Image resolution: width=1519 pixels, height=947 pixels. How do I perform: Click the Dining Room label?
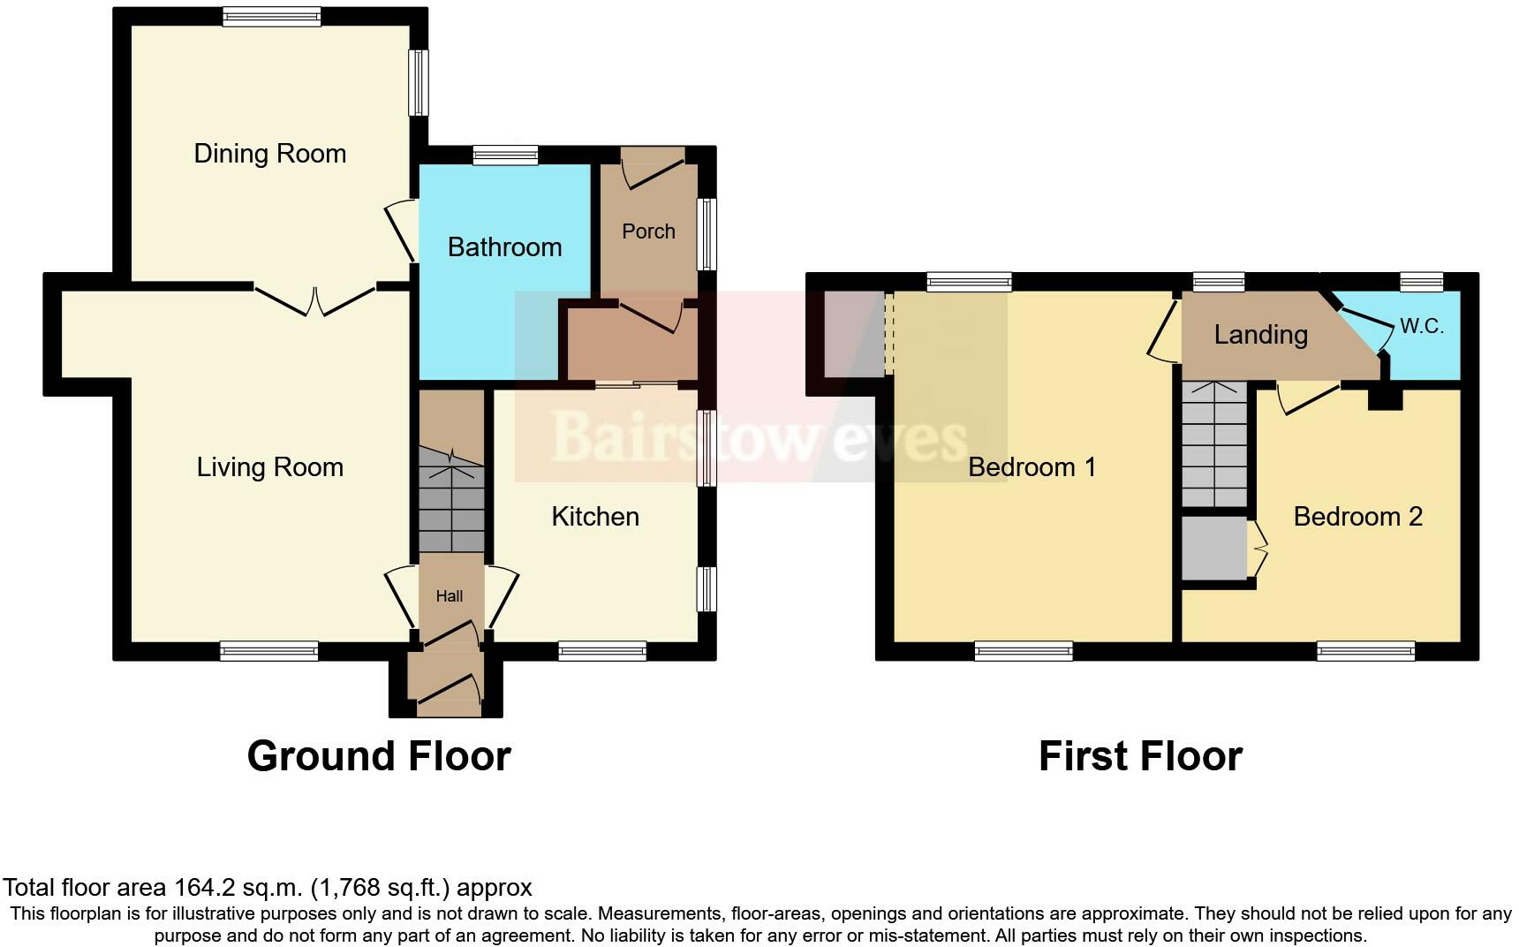[x=269, y=154]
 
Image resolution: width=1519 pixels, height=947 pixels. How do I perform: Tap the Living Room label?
[x=269, y=467]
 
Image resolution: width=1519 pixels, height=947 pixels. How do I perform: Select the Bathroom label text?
[x=504, y=247]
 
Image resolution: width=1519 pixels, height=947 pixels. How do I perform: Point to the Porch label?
[x=648, y=231]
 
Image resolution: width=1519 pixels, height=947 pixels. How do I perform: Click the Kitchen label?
[x=594, y=517]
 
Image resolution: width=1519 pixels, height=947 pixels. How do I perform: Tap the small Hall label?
[x=449, y=596]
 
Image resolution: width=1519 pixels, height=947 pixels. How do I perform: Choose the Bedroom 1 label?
[x=1032, y=467]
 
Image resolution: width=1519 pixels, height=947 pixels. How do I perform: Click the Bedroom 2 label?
[x=1357, y=517]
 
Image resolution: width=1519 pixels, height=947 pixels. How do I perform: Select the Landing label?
[x=1260, y=335]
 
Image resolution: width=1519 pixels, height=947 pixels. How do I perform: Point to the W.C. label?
[x=1421, y=327]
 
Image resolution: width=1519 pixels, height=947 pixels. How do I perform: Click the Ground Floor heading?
[x=379, y=756]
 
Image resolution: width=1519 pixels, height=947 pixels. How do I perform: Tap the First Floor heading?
[x=1140, y=756]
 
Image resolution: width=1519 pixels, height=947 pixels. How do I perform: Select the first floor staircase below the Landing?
[x=1214, y=444]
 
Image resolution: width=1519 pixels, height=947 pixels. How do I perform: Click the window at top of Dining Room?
[x=271, y=16]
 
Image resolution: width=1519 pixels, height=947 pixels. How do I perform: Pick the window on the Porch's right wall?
[x=707, y=234]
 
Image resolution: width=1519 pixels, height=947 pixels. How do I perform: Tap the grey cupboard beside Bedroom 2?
[x=1214, y=549]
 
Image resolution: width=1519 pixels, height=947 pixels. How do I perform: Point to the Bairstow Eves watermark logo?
[x=759, y=436]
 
